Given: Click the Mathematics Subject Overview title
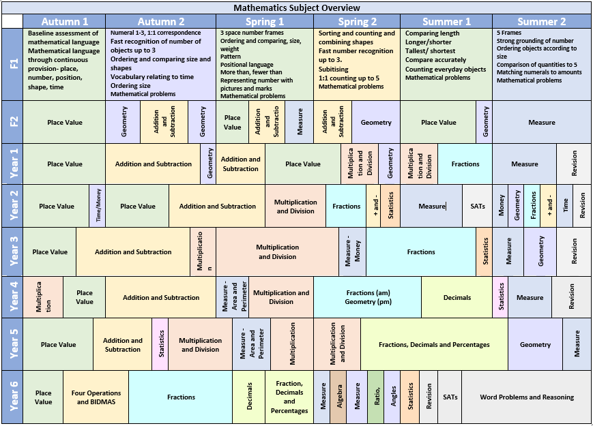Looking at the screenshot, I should (x=296, y=8).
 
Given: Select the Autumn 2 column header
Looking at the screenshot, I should (x=161, y=22).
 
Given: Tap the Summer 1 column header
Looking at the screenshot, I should (x=446, y=22).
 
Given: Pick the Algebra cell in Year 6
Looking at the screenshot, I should (x=338, y=397).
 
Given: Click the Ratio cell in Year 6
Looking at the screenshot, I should (x=376, y=397).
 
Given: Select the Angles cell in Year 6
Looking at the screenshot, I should (x=393, y=397).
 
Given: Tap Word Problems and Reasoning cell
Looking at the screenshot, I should (x=526, y=397).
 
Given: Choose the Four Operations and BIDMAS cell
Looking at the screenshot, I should (x=96, y=397).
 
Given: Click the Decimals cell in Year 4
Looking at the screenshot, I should (x=457, y=298).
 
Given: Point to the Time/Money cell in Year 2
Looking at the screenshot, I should (x=98, y=206).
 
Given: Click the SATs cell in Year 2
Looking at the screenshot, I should (x=477, y=206).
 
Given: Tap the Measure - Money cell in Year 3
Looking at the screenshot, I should (x=353, y=252).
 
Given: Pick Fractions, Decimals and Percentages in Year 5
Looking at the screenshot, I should (x=434, y=345).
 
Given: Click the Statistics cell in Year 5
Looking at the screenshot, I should (x=161, y=345).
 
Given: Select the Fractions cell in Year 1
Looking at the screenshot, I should (x=465, y=164).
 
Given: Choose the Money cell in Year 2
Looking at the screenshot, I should (x=501, y=206).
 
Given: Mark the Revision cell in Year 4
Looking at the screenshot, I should (x=571, y=298).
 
